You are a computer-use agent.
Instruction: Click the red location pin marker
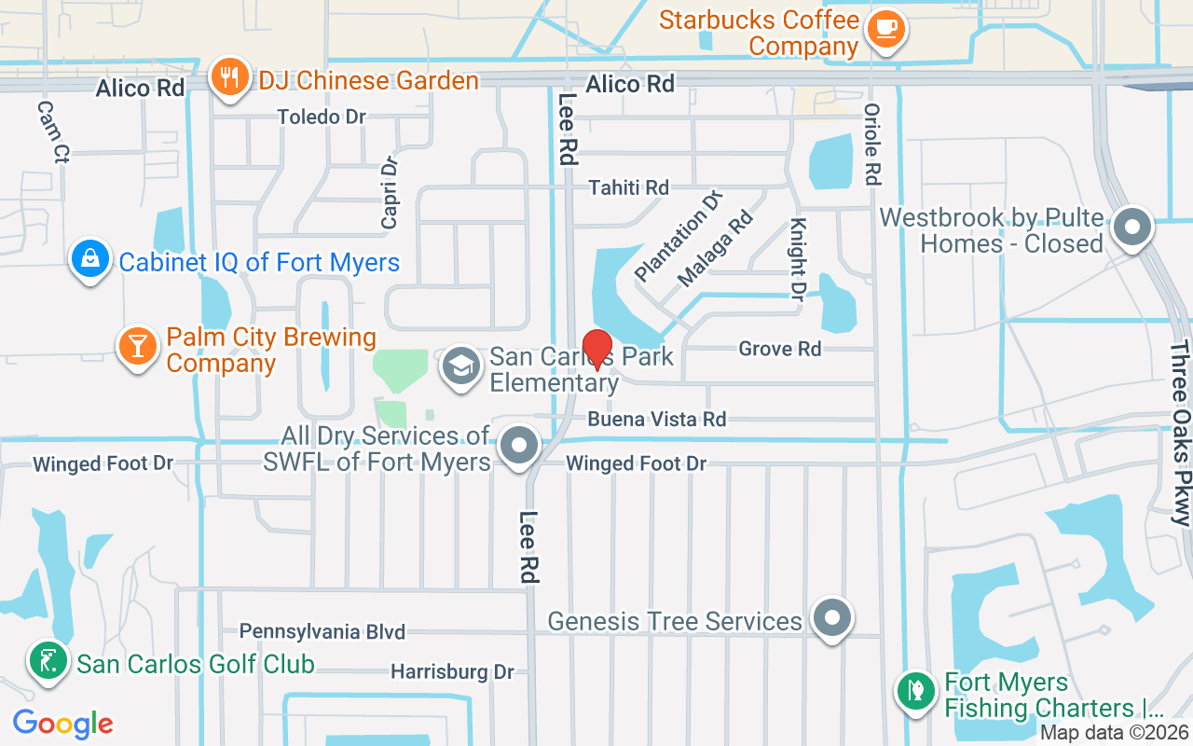click(596, 350)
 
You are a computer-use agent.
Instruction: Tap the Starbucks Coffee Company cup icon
click(884, 27)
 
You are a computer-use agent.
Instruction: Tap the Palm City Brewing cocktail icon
click(138, 346)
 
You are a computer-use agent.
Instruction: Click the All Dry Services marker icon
click(520, 446)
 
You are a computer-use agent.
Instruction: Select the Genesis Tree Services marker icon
click(831, 617)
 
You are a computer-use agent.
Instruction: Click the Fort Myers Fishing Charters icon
click(915, 691)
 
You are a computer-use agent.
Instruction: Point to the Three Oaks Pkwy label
click(1180, 434)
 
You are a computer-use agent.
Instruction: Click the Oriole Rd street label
click(872, 144)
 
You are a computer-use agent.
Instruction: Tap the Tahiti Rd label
click(628, 187)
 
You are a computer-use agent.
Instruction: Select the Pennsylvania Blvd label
click(322, 631)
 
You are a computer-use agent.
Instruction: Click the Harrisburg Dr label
click(452, 671)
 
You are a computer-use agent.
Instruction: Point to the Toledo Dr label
click(322, 117)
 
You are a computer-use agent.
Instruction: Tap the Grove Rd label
click(780, 349)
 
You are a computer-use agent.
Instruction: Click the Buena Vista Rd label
click(656, 420)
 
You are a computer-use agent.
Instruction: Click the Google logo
click(63, 723)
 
